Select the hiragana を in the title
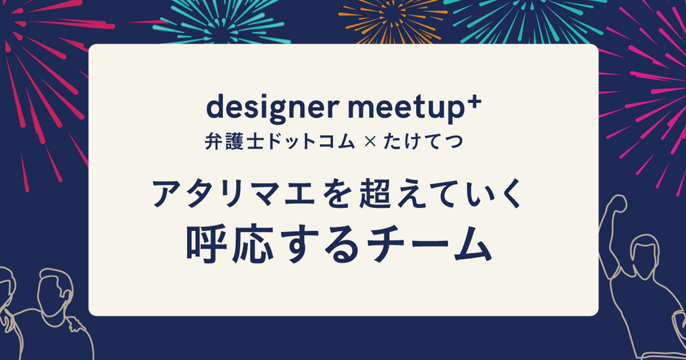point(322,194)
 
